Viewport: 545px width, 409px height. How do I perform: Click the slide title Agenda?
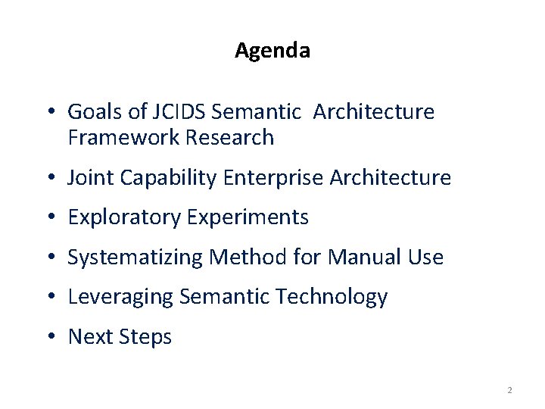pyautogui.click(x=272, y=51)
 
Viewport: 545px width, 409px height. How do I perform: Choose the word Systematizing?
pyautogui.click(x=135, y=258)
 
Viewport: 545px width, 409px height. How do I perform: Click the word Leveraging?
pyautogui.click(x=120, y=298)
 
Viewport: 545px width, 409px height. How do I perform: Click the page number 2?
pyautogui.click(x=509, y=390)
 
